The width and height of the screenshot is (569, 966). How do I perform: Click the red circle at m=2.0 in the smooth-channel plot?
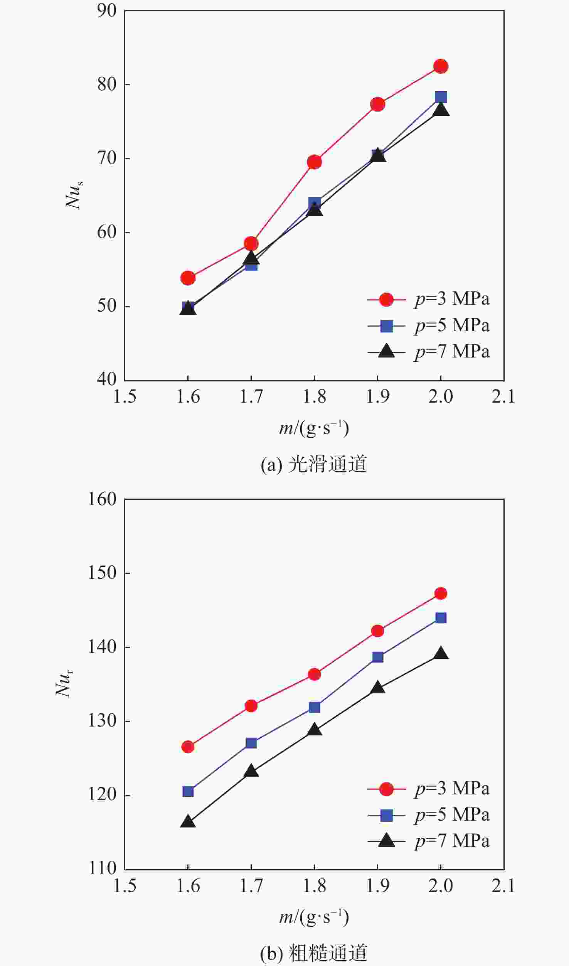tap(441, 66)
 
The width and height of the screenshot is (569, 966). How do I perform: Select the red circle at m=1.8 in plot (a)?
tap(314, 162)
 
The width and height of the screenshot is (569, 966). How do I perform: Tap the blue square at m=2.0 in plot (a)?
tap(441, 97)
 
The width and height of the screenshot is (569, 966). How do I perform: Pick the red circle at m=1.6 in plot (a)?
tap(188, 278)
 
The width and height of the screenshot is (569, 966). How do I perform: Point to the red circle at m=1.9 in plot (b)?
tap(377, 631)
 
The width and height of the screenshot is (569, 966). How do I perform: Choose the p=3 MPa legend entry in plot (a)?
tap(428, 299)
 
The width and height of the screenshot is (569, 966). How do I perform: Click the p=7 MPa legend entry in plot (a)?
tap(428, 352)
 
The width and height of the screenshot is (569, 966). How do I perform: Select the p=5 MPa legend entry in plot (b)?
tap(428, 815)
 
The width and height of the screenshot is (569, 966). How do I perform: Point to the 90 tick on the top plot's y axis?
tap(107, 11)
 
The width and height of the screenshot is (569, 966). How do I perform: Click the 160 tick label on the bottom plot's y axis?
tap(102, 499)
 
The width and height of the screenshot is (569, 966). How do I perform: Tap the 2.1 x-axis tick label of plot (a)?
tap(503, 397)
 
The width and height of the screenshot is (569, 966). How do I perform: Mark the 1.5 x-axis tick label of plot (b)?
tap(125, 886)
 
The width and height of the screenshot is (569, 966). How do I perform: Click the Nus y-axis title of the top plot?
tap(74, 195)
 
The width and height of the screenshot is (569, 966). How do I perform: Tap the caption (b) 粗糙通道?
tap(314, 953)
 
